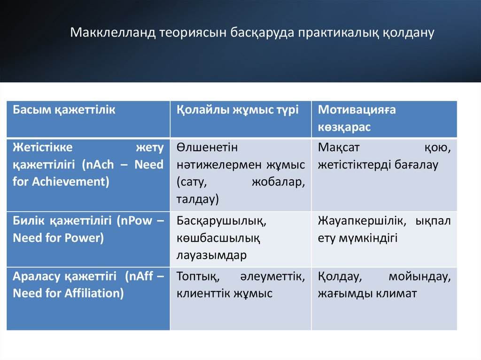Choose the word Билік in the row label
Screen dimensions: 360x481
pyautogui.click(x=29, y=221)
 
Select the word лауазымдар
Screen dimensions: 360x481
pyautogui.click(x=211, y=255)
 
